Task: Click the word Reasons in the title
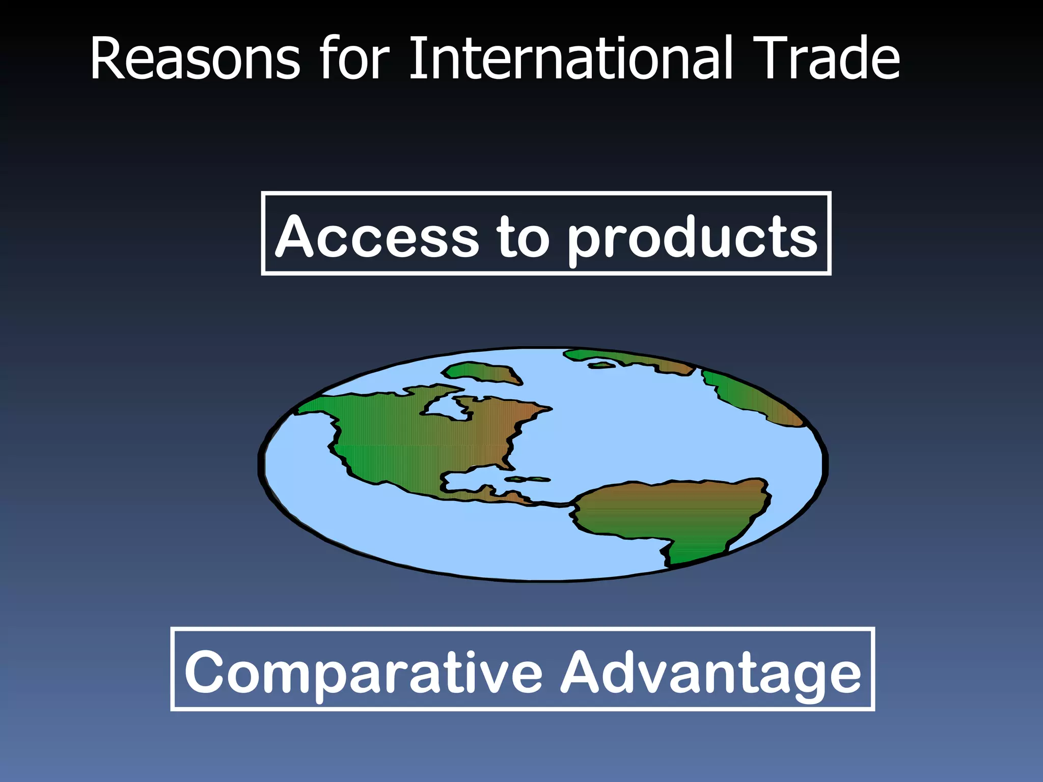[195, 59]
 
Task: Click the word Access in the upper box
[377, 237]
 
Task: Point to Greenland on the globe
[481, 372]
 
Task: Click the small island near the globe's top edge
[600, 365]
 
